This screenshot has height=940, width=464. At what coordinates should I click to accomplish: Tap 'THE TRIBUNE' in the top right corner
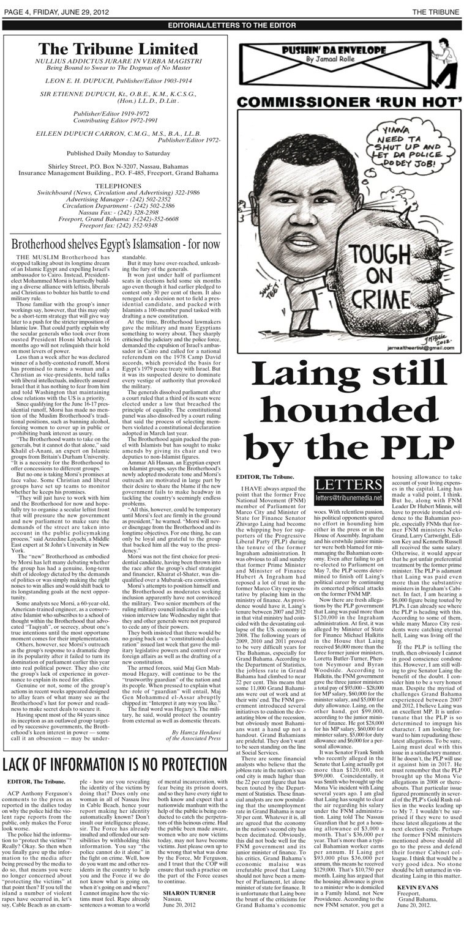(435, 12)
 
